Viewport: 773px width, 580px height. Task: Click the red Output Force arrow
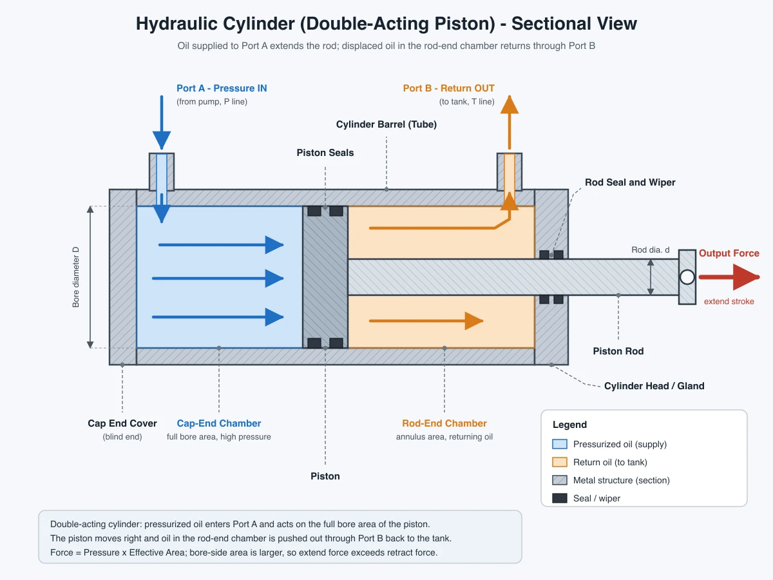pyautogui.click(x=729, y=277)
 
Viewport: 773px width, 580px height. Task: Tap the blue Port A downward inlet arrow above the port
pyautogui.click(x=162, y=122)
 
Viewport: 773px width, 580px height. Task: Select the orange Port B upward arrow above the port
pyautogui.click(x=510, y=122)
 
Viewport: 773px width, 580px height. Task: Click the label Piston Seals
pyautogui.click(x=325, y=153)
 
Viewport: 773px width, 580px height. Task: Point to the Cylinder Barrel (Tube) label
pyautogui.click(x=386, y=124)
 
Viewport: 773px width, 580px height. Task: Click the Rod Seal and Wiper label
pyautogui.click(x=630, y=182)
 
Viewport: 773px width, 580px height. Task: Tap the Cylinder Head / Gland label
pyautogui.click(x=654, y=386)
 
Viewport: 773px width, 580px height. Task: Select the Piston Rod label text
pyautogui.click(x=618, y=351)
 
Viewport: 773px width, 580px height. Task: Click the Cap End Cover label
pyautogui.click(x=122, y=423)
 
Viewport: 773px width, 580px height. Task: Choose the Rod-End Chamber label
pyautogui.click(x=444, y=423)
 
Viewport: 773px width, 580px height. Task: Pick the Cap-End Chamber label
pyautogui.click(x=218, y=423)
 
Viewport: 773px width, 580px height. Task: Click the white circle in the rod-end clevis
pyautogui.click(x=687, y=277)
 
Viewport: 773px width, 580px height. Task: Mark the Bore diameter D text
pyautogui.click(x=76, y=277)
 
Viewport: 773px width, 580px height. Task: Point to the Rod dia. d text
pyautogui.click(x=651, y=249)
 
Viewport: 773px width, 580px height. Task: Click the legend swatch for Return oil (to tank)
pyautogui.click(x=560, y=462)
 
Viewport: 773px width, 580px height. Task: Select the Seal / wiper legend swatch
pyautogui.click(x=560, y=498)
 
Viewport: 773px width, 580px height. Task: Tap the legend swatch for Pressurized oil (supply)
pyautogui.click(x=560, y=444)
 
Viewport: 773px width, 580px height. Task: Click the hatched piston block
pyautogui.click(x=325, y=277)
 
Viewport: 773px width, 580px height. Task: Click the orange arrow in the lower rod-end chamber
pyautogui.click(x=426, y=321)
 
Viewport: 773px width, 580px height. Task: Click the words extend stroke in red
pyautogui.click(x=729, y=302)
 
